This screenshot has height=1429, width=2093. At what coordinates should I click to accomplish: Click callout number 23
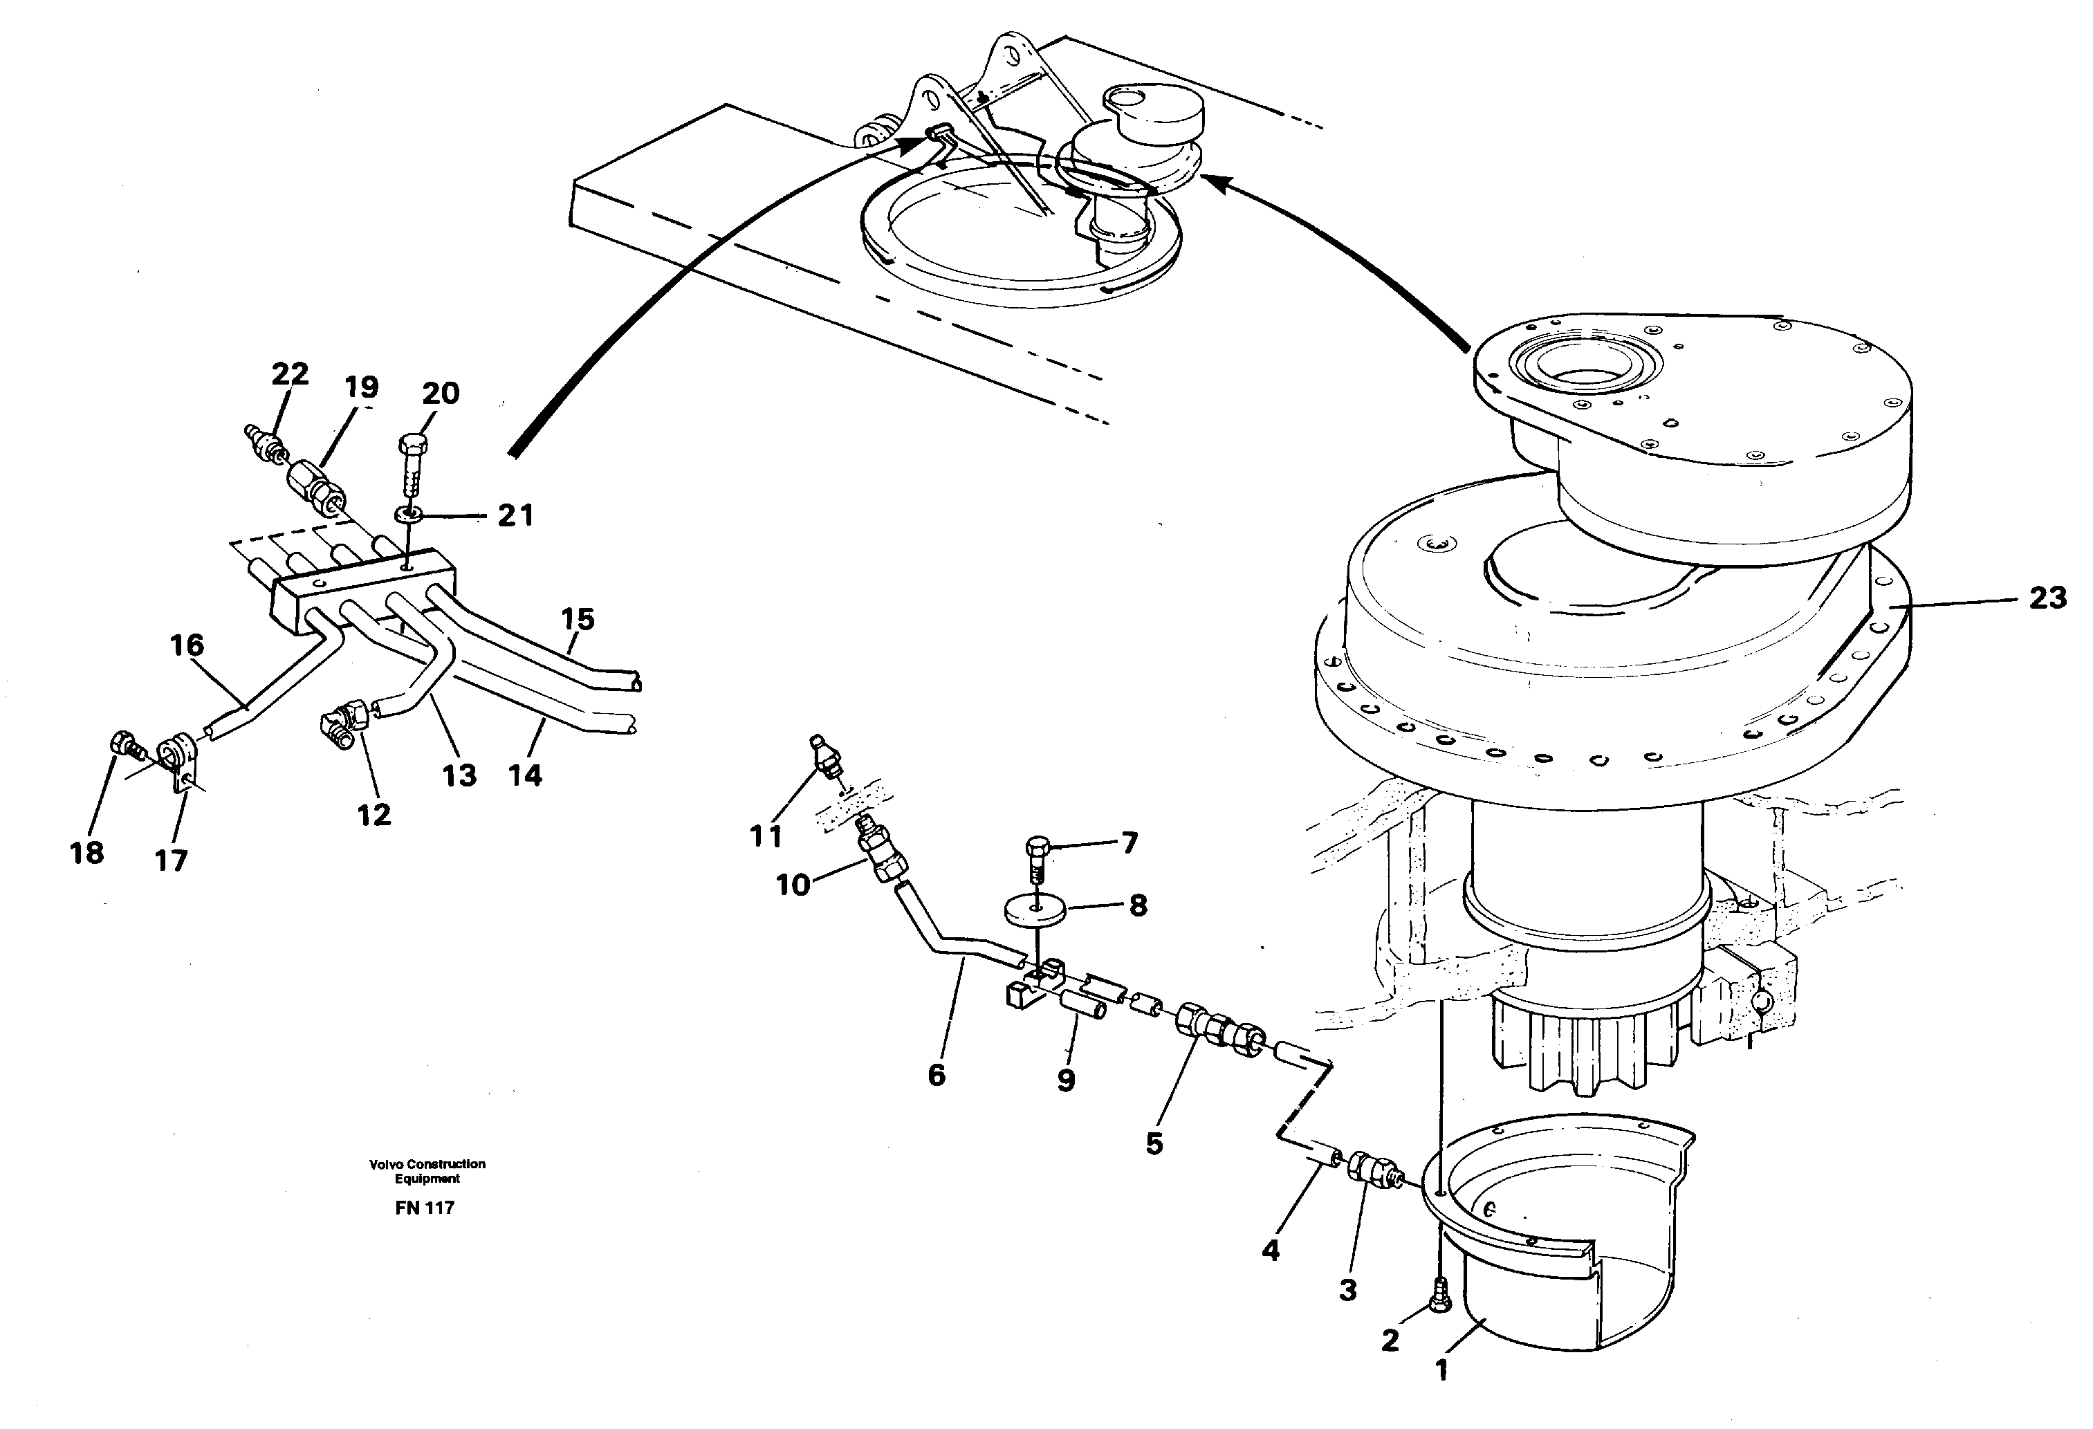[x=2047, y=599]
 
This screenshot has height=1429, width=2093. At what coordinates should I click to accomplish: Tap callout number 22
[x=290, y=374]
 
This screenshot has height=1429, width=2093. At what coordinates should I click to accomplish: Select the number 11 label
[x=766, y=836]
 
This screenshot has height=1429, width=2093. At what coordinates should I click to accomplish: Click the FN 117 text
[x=424, y=1208]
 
